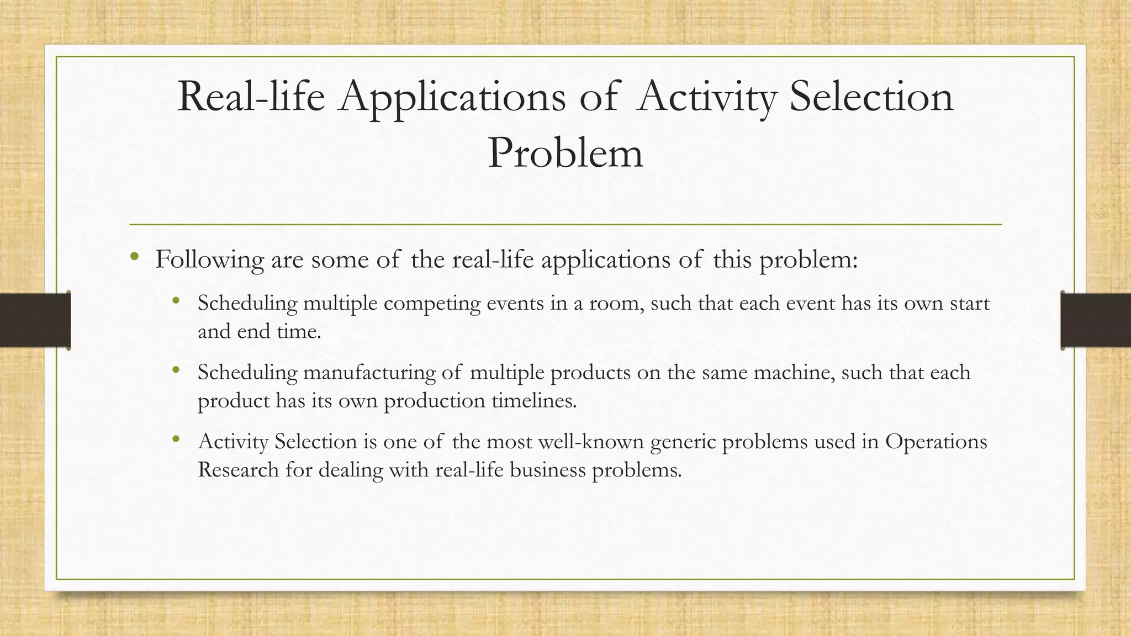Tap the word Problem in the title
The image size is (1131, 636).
[565, 153]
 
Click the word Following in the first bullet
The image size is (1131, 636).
[209, 259]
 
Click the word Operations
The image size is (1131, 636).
[936, 442]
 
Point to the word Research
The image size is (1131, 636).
[238, 470]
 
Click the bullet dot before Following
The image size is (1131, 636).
[134, 257]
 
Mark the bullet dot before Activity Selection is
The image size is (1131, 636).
[176, 439]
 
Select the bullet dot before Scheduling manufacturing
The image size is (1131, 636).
[176, 370]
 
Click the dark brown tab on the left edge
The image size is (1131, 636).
[35, 320]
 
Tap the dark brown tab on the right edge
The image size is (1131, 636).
[1096, 320]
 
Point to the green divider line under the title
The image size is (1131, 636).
[565, 225]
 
